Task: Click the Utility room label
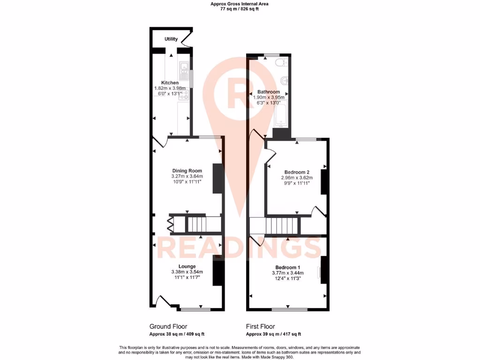pyautogui.click(x=171, y=39)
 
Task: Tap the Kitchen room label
pyautogui.click(x=170, y=83)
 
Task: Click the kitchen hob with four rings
pyautogui.click(x=183, y=96)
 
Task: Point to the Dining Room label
pyautogui.click(x=187, y=171)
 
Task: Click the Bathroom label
pyautogui.click(x=269, y=92)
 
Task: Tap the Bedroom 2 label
pyautogui.click(x=297, y=172)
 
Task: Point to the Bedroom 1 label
pyautogui.click(x=287, y=267)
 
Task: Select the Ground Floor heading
pyautogui.click(x=168, y=326)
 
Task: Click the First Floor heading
pyautogui.click(x=261, y=326)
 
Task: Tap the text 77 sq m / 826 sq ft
pyautogui.click(x=240, y=9)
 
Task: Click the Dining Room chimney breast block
pyautogui.click(x=217, y=178)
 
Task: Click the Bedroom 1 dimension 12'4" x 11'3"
pyautogui.click(x=287, y=278)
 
